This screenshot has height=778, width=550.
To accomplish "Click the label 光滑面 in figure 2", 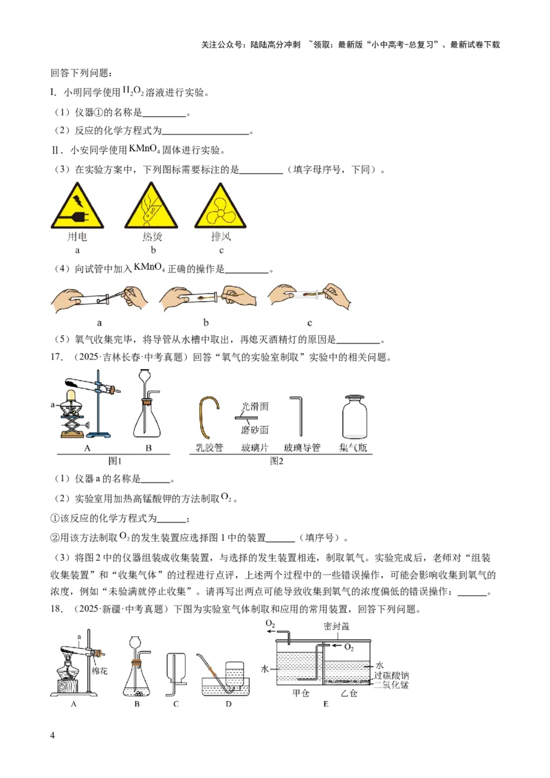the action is tap(255, 406).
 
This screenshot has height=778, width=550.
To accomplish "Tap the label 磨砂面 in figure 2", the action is tap(255, 430).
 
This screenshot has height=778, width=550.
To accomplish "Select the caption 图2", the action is tap(276, 461).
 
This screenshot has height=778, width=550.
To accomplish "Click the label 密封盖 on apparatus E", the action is tap(337, 626).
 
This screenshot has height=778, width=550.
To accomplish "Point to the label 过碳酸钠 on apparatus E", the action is tap(392, 676).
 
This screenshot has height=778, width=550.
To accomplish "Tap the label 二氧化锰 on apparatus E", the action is tap(392, 685).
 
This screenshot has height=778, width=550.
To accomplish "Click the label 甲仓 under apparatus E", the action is tap(301, 693).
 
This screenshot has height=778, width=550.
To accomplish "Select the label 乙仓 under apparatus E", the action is tap(349, 693).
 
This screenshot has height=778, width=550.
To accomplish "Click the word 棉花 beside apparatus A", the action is tap(100, 671).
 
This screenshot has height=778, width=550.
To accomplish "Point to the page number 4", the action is tap(53, 735).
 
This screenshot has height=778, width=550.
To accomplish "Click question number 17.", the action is tap(56, 357).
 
